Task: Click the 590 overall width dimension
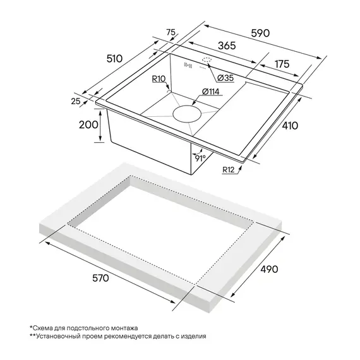point(260,33)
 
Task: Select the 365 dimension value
point(227,45)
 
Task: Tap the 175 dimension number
point(282,64)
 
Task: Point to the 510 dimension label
point(114,59)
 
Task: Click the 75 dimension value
point(171,32)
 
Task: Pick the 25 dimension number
point(76,101)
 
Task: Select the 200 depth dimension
point(88,124)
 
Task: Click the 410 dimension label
point(290,126)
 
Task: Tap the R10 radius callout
point(159,79)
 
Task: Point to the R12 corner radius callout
point(229,170)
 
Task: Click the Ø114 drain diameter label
point(210,92)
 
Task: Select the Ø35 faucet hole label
point(225,78)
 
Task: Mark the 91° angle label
point(200,158)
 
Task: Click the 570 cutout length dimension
point(100,278)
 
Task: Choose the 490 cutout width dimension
point(269,269)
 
